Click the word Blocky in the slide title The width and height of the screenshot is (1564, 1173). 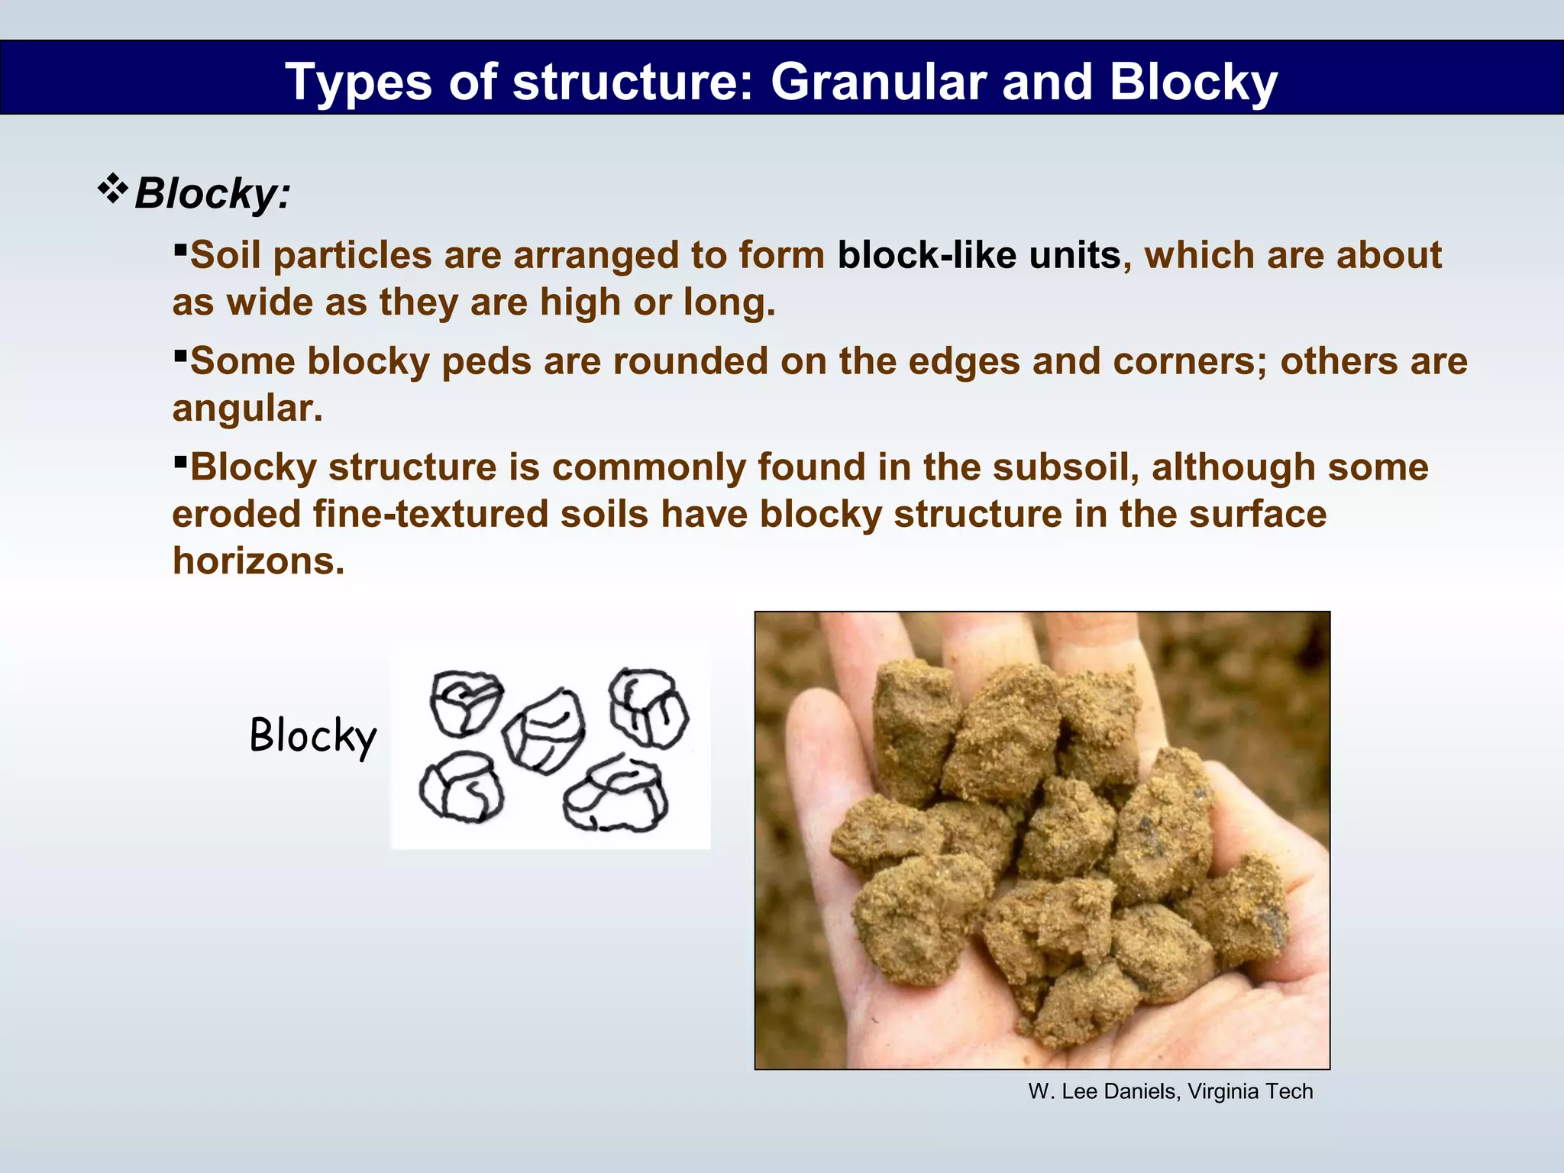1193,82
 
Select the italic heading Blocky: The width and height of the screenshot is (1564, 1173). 212,193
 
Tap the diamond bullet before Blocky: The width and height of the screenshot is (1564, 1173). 112,189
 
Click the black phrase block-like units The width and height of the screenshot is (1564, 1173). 979,255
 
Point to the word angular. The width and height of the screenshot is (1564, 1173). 246,409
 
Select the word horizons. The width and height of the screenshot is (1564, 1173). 258,561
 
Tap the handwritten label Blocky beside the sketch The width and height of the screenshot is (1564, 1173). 313,736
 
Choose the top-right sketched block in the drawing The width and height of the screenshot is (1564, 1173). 648,707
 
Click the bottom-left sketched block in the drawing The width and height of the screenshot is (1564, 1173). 461,788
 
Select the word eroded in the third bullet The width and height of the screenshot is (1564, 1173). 236,514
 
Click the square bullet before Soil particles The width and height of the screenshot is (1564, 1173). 180,249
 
